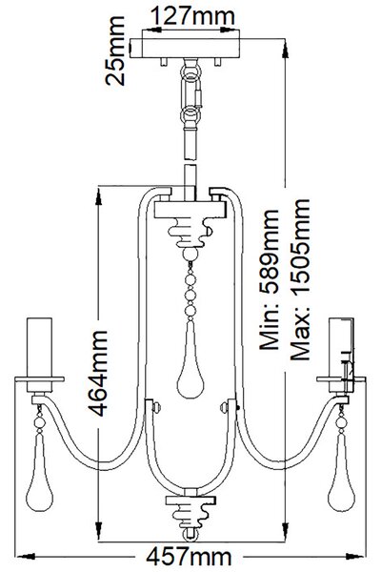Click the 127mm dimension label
click(x=192, y=16)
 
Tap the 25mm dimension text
click(x=115, y=51)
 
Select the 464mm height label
click(x=98, y=373)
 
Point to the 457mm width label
click(x=189, y=557)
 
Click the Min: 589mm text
click(x=269, y=279)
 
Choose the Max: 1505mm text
click(x=300, y=279)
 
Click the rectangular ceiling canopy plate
click(x=190, y=49)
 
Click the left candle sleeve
click(x=39, y=347)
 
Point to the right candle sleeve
click(x=341, y=347)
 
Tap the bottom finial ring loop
click(x=190, y=535)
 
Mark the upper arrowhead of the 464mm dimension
click(x=98, y=197)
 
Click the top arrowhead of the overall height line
click(x=286, y=49)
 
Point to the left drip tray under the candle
click(x=39, y=379)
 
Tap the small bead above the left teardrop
click(x=39, y=422)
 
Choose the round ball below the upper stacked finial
click(x=190, y=254)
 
